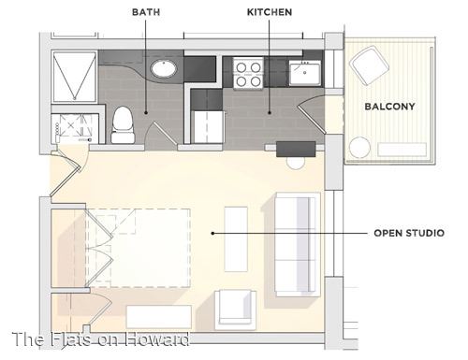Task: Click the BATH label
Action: (x=146, y=12)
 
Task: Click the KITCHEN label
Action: (x=270, y=12)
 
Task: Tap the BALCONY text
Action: (x=389, y=107)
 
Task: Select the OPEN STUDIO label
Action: (x=409, y=233)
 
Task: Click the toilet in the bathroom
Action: (x=123, y=124)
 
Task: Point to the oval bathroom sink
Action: (x=164, y=68)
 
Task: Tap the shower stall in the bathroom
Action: (x=75, y=77)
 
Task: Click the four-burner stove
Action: (x=248, y=74)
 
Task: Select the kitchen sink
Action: (x=304, y=73)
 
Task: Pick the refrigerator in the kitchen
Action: (x=208, y=127)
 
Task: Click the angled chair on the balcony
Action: (x=370, y=65)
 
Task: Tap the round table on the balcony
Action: (x=359, y=148)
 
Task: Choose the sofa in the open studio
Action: (x=298, y=245)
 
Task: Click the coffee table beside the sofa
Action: (x=236, y=238)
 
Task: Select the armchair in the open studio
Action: (x=236, y=310)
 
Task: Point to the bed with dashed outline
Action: (x=138, y=248)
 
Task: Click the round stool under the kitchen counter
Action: (x=296, y=163)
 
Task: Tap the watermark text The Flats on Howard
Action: (x=100, y=339)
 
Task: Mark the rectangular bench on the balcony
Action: (x=402, y=150)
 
